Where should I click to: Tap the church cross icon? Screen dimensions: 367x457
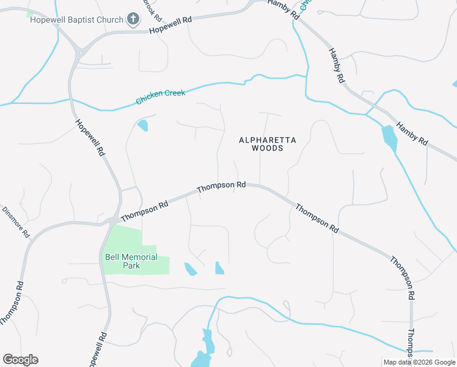pos(133,20)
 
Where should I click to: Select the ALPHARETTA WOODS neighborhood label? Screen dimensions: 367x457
pos(268,144)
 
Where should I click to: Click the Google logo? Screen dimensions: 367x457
pos(20,360)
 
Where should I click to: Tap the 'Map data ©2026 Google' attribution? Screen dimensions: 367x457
pos(419,362)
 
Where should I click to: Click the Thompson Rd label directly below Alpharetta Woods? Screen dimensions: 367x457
pos(221,186)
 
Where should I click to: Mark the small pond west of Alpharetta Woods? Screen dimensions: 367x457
pos(143,126)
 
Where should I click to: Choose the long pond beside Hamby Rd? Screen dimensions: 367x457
pos(389,139)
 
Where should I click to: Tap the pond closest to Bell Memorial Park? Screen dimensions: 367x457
pos(191,269)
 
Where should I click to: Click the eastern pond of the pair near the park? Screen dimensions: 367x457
pos(219,268)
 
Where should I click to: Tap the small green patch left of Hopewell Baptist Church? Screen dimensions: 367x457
pos(30,17)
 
